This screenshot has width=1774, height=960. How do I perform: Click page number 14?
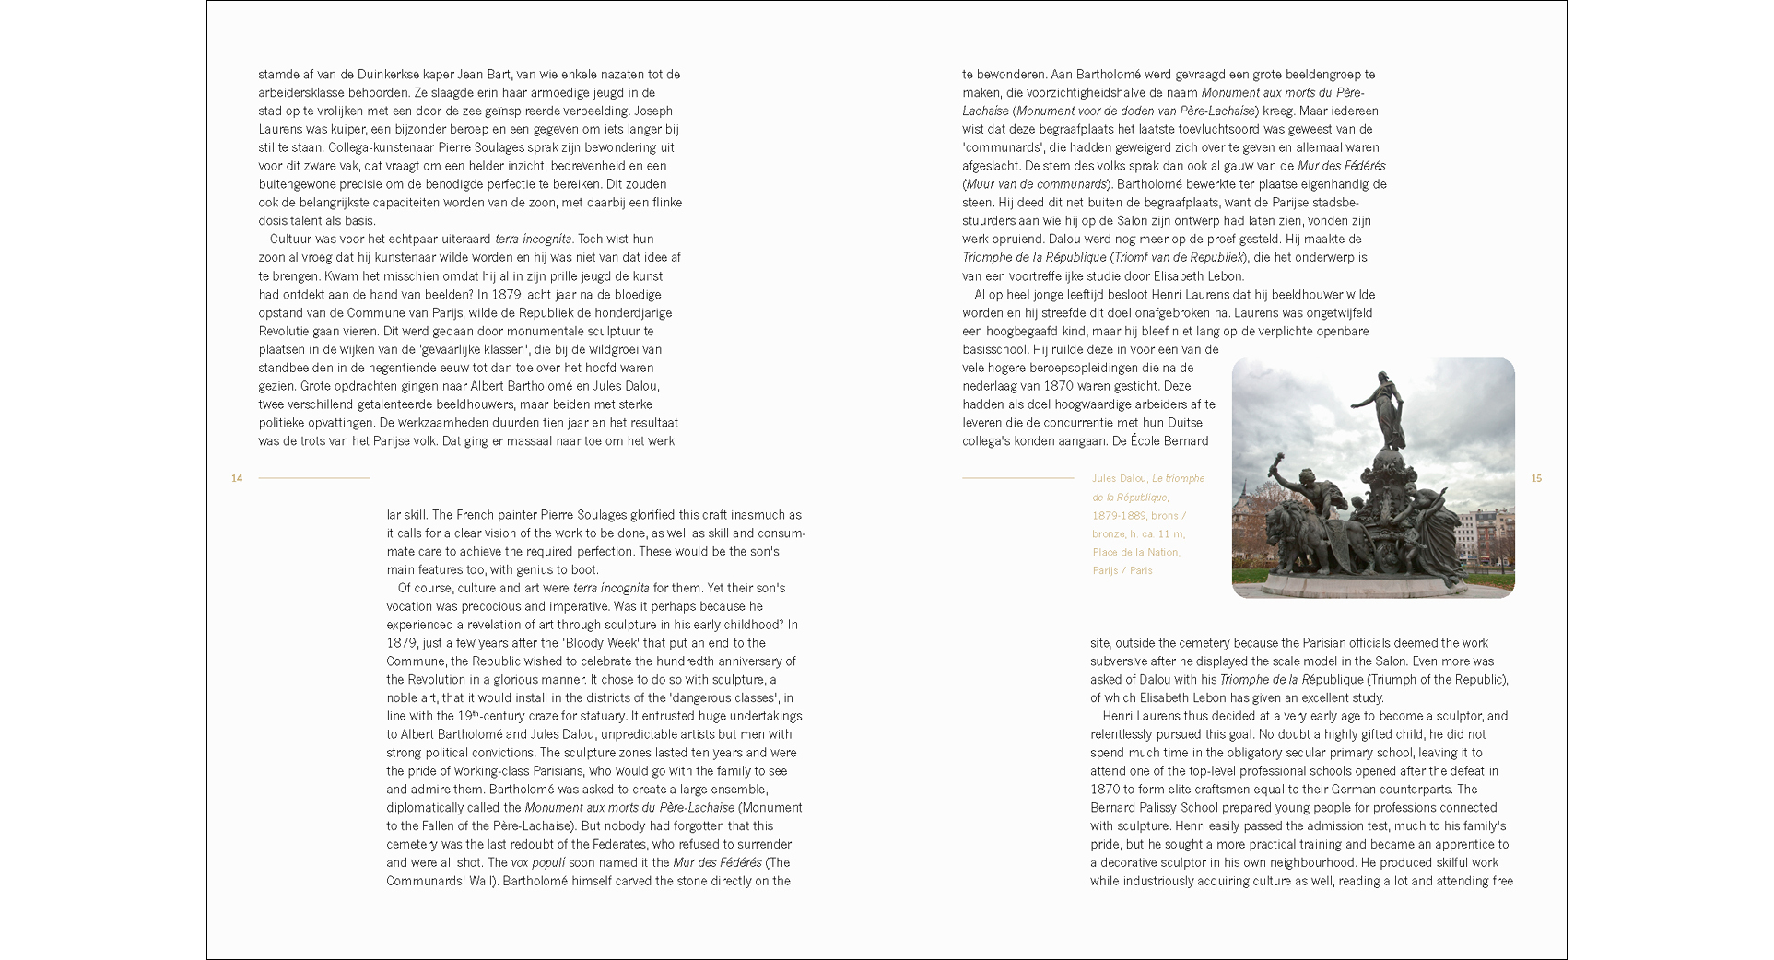point(237,478)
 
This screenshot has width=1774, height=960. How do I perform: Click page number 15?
point(1536,478)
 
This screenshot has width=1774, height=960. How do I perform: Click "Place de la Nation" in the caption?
point(1135,552)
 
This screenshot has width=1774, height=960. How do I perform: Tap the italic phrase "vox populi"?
point(538,863)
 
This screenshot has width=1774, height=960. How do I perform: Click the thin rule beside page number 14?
point(313,478)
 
